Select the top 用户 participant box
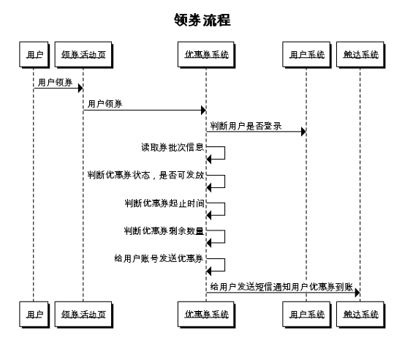(34, 55)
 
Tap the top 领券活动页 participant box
(83, 55)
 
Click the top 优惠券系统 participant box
(205, 55)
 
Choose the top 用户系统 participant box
(306, 55)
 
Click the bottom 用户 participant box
(34, 314)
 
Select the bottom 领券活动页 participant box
(83, 314)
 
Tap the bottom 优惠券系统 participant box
(205, 314)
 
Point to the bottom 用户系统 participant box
(306, 314)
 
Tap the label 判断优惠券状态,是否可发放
(145, 175)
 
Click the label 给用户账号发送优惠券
(159, 258)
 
